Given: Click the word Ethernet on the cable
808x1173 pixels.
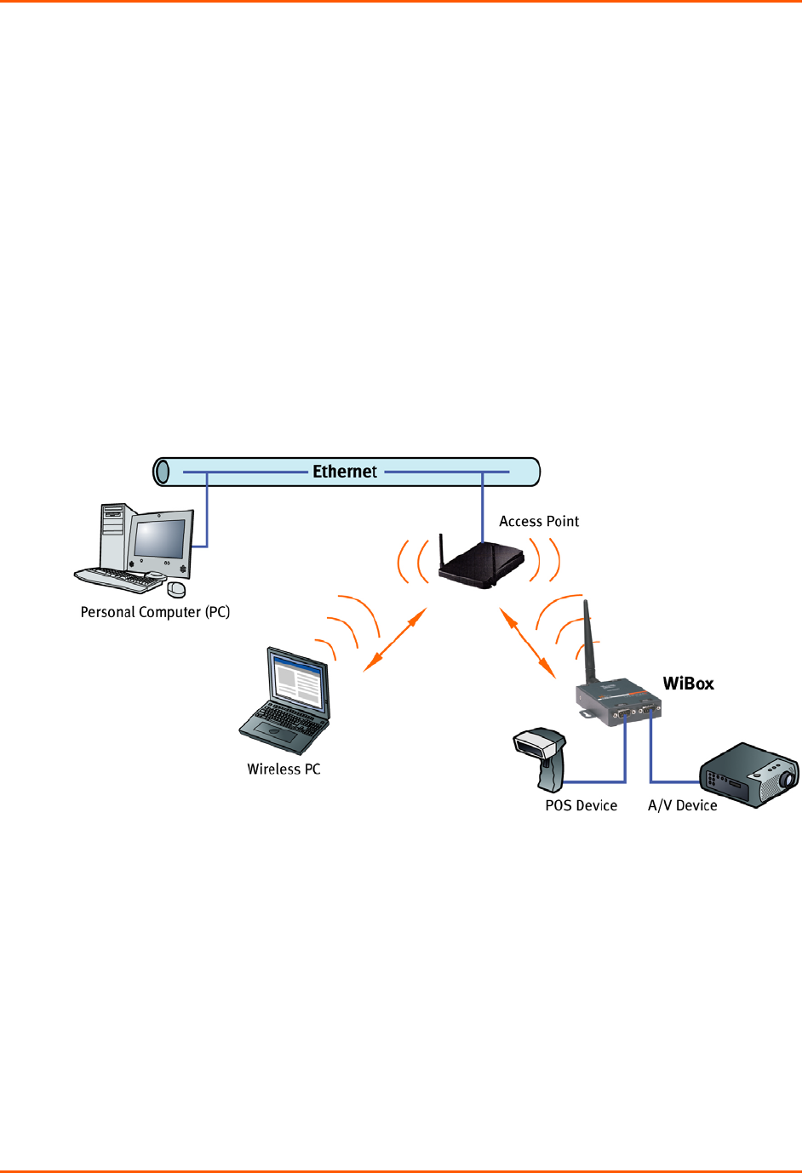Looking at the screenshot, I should pyautogui.click(x=344, y=472).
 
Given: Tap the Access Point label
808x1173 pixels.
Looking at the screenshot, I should pyautogui.click(x=538, y=521).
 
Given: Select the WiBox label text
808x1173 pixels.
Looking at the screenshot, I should pyautogui.click(x=688, y=684).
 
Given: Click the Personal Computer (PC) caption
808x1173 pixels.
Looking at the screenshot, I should pyautogui.click(x=155, y=612).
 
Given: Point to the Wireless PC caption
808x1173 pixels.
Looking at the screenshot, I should pyautogui.click(x=284, y=769).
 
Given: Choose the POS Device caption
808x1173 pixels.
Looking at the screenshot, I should pyautogui.click(x=581, y=805).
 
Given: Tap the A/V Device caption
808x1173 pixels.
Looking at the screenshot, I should pyautogui.click(x=682, y=805).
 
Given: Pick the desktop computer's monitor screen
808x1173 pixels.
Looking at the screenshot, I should pyautogui.click(x=159, y=539).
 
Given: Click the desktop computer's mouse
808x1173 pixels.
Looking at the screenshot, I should pyautogui.click(x=176, y=589).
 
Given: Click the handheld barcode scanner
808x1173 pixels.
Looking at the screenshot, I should pyautogui.click(x=542, y=753).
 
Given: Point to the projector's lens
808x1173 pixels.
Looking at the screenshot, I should pyautogui.click(x=788, y=778).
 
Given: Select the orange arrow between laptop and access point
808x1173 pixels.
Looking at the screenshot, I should pyautogui.click(x=394, y=641).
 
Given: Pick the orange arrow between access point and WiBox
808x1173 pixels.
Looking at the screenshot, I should pyautogui.click(x=527, y=642).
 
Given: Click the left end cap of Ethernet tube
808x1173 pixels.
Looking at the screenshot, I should pyautogui.click(x=162, y=472).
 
